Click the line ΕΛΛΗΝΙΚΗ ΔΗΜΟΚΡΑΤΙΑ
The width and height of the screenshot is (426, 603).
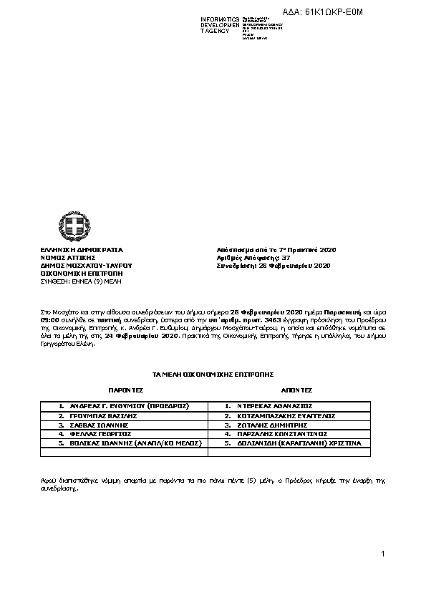81,250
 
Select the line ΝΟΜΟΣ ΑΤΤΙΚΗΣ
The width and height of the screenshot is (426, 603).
69,258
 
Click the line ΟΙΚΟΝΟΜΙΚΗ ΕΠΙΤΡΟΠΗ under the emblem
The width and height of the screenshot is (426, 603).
81,274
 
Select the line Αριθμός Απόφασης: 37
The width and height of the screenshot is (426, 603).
253,258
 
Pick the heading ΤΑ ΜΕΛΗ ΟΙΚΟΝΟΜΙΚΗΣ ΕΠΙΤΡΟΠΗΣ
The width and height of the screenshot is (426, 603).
213,375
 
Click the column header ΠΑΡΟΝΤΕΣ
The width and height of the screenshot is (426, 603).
126,391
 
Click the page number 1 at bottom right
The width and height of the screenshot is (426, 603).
383,554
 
